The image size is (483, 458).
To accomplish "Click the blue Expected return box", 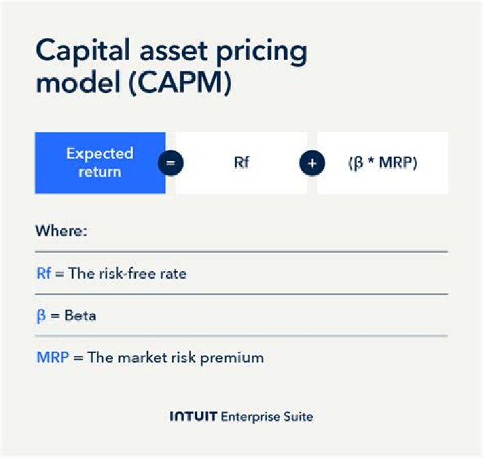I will (100, 163).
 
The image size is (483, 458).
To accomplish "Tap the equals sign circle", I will (170, 163).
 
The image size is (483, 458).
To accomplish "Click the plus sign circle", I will (312, 163).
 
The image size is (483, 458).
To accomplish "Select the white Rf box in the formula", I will (241, 163).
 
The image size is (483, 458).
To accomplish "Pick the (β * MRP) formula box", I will (383, 163).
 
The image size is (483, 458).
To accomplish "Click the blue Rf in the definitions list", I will (44, 273).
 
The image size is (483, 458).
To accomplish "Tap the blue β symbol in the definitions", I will (40, 316).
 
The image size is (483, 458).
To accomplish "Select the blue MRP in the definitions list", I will (52, 357).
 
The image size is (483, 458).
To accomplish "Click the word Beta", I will (80, 315).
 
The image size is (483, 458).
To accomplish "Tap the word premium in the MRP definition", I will (235, 357).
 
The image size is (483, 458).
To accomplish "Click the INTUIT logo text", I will (193, 417).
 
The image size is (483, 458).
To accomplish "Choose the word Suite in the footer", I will (298, 417).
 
